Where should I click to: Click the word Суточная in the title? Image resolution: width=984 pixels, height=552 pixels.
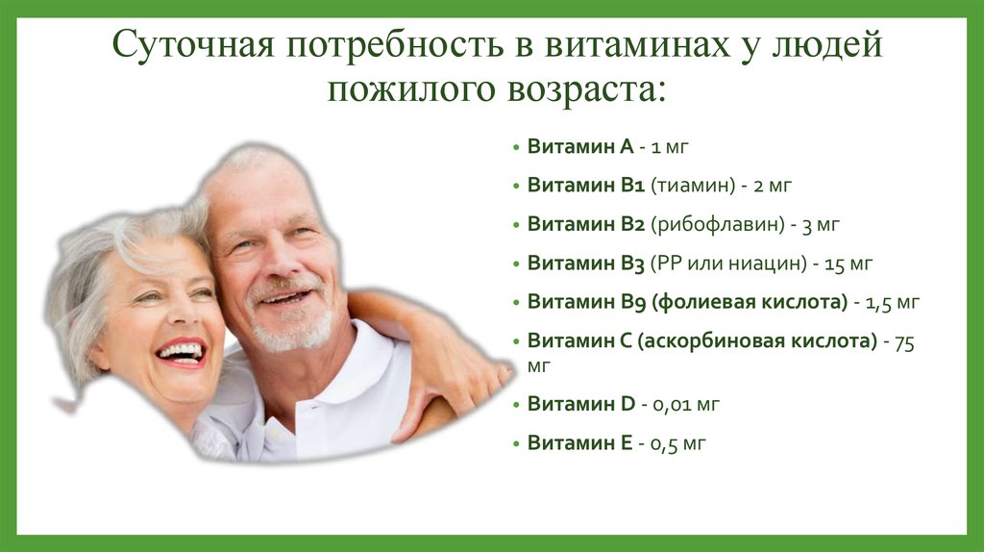193,45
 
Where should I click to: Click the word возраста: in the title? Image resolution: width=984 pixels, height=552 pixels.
586,89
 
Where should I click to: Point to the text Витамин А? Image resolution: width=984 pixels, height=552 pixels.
580,146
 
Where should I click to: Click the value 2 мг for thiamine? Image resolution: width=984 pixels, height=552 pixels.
772,186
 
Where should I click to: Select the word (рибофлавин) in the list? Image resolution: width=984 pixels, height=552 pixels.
718,225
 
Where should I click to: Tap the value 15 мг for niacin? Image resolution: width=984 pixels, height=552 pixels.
849,263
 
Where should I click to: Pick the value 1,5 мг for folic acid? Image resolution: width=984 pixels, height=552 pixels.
893,303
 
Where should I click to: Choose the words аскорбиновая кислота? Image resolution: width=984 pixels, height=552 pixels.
757,341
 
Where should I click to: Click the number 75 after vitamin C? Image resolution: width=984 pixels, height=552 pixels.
904,343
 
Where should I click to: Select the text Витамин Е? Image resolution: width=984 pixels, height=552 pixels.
579,442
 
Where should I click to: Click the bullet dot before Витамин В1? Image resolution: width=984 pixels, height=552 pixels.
516,186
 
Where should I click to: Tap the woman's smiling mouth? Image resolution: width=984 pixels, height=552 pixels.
182,352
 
